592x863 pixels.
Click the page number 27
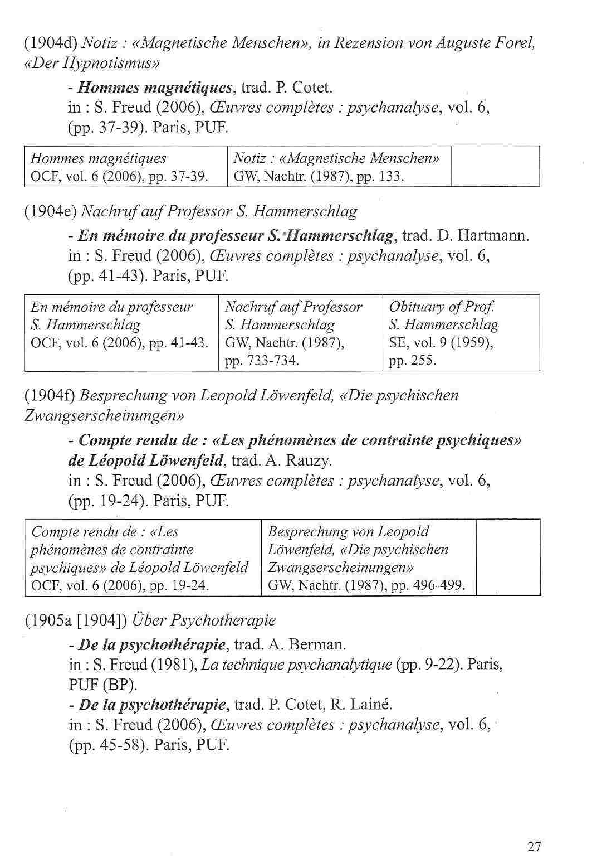pyautogui.click(x=534, y=846)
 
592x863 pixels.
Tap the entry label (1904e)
pyautogui.click(x=51, y=211)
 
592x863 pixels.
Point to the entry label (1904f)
pyautogui.click(x=51, y=395)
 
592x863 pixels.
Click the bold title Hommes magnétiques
pyautogui.click(x=155, y=88)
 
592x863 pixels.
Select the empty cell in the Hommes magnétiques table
pyautogui.click(x=495, y=167)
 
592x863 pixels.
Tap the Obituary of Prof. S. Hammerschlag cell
pyautogui.click(x=461, y=333)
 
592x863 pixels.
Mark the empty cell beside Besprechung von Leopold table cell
pyautogui.click(x=508, y=557)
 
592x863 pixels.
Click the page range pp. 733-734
pyautogui.click(x=262, y=361)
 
